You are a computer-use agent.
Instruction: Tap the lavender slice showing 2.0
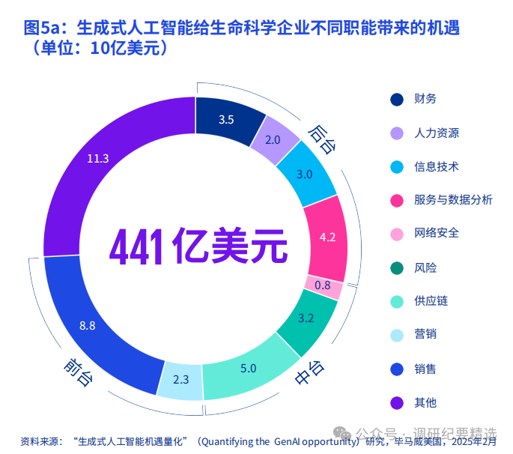[272, 140]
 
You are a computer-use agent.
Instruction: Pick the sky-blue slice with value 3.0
[304, 174]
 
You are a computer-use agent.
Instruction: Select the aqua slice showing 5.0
[248, 368]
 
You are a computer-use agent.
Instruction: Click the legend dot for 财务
[397, 99]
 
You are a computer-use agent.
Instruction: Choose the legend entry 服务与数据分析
[452, 199]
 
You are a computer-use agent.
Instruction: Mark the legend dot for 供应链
[397, 301]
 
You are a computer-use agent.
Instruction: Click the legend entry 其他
[425, 402]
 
